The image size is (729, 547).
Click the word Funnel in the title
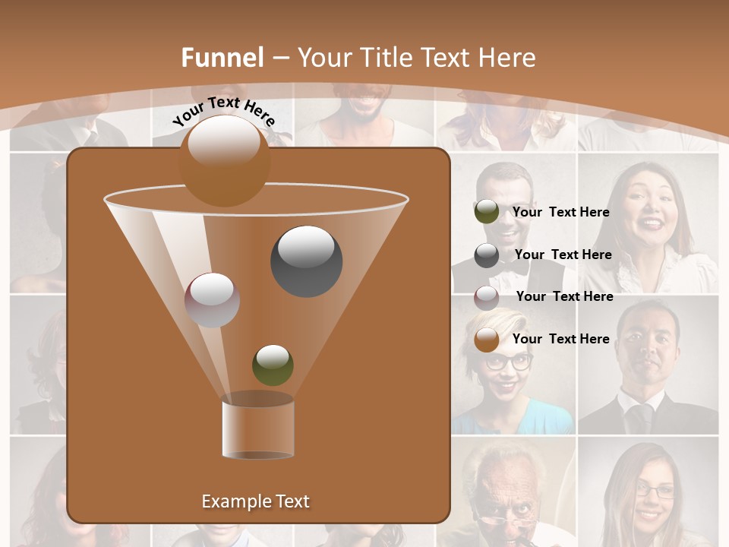point(222,58)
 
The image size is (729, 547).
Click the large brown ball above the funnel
point(224,160)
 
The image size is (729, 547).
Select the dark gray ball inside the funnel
point(306,261)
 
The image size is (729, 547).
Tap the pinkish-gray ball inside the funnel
point(212,299)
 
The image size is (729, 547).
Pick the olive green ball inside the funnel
point(273,365)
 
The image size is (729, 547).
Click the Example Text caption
point(255,501)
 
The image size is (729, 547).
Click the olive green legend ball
point(486,212)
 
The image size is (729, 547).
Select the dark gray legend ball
point(487,255)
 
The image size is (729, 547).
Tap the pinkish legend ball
point(487,297)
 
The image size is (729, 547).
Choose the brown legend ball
point(487,340)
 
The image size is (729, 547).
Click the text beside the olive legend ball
point(560,212)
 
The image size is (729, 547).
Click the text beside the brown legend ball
point(560,339)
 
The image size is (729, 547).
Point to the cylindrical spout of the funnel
point(257,427)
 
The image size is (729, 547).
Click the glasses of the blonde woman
point(509,362)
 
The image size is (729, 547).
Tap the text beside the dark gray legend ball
point(563,255)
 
